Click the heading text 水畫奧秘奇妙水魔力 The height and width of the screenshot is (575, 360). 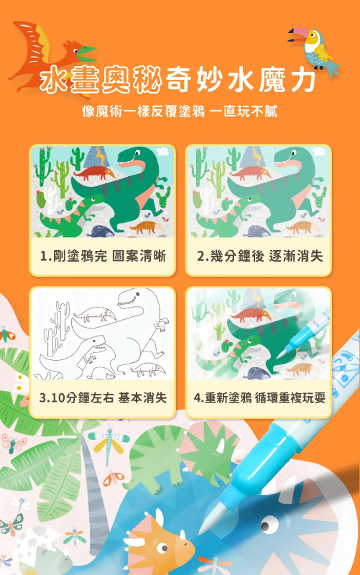coord(180,81)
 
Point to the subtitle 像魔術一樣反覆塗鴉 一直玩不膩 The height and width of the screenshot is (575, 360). coord(180,112)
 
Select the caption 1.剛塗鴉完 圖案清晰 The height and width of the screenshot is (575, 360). coord(103,255)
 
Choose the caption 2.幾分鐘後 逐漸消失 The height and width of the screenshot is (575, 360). coord(259,255)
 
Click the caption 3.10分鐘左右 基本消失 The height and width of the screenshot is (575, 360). coord(103,397)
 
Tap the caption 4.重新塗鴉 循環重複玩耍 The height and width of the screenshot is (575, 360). coord(259,397)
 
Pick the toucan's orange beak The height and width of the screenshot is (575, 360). coord(296,33)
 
